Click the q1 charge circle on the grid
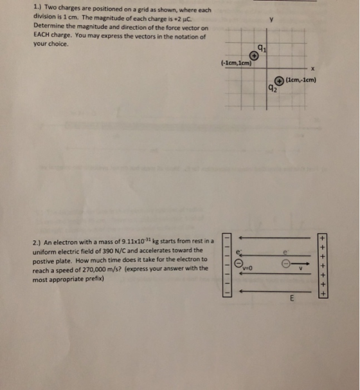click(x=254, y=56)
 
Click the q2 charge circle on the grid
click(x=279, y=81)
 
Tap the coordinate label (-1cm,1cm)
click(x=237, y=63)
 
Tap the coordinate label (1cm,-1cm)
click(x=301, y=80)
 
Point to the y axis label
click(x=271, y=19)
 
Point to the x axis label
click(x=312, y=69)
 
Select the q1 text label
click(x=262, y=48)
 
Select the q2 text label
click(x=273, y=88)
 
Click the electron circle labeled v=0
click(x=239, y=263)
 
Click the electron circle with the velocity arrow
click(x=285, y=264)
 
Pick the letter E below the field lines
click(x=292, y=298)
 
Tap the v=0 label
click(x=248, y=268)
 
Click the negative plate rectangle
click(x=227, y=265)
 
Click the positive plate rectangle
click(x=323, y=266)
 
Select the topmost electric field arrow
click(x=274, y=237)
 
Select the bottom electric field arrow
click(x=275, y=292)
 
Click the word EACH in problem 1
click(x=41, y=35)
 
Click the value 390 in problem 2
click(x=108, y=251)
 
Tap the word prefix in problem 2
click(x=94, y=279)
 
